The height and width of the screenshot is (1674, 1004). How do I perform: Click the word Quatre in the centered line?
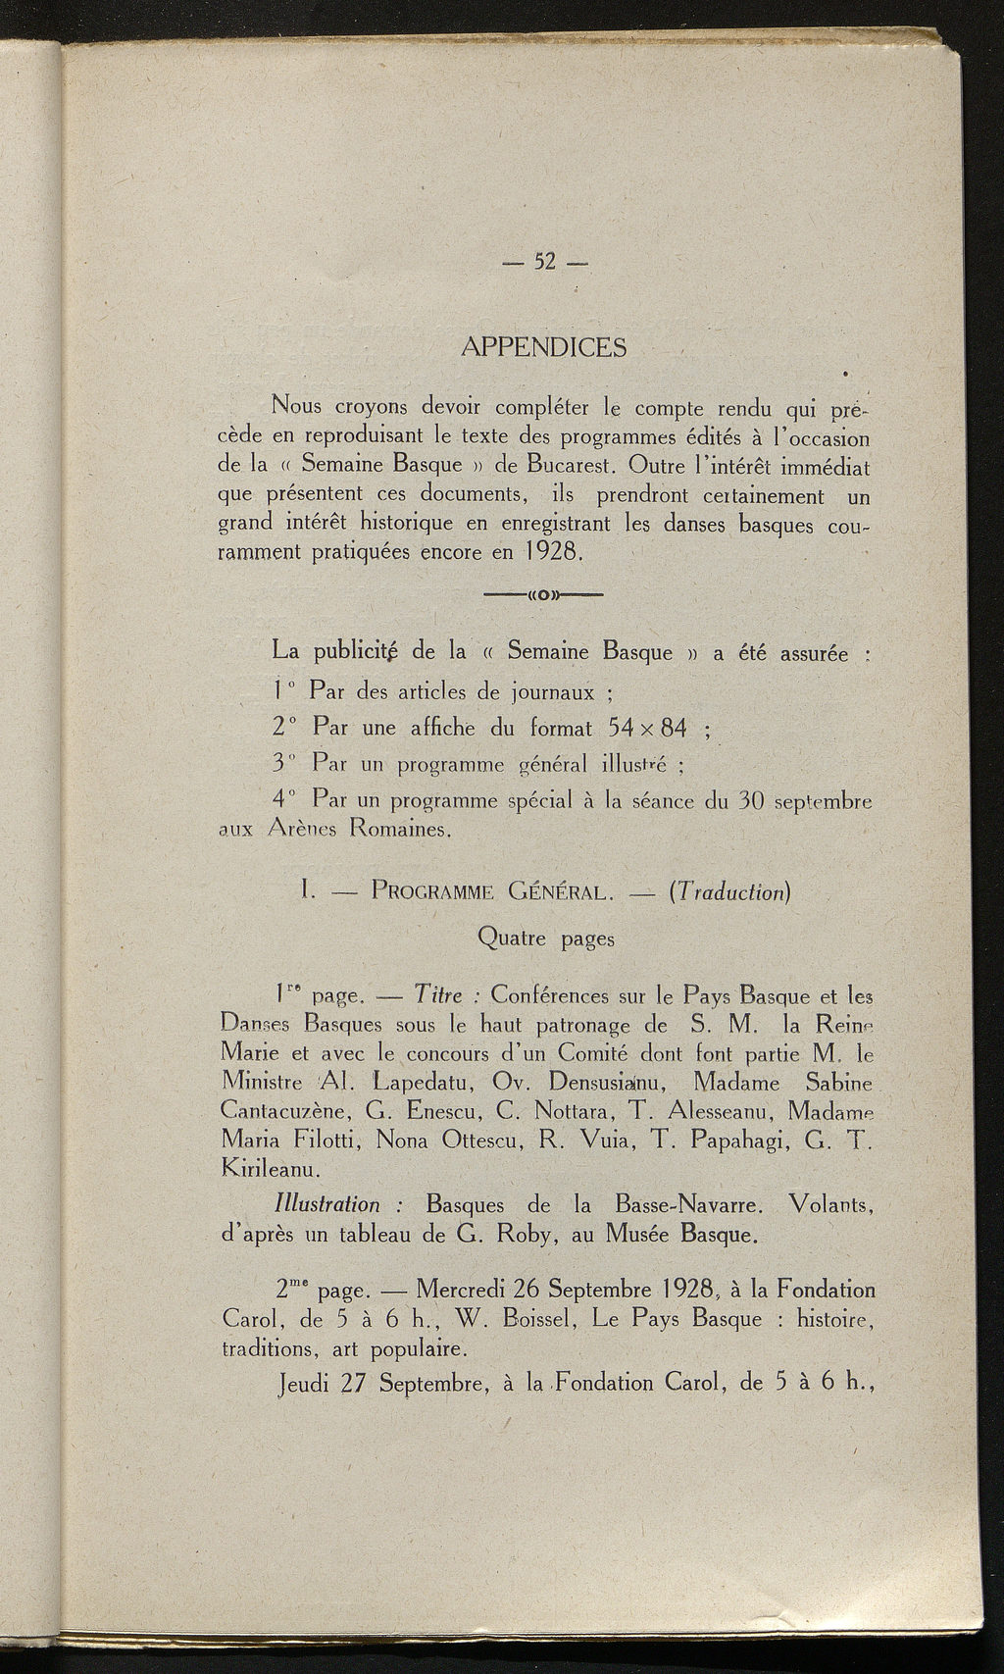click(x=512, y=938)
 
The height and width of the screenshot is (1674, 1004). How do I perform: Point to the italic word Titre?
click(x=437, y=996)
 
